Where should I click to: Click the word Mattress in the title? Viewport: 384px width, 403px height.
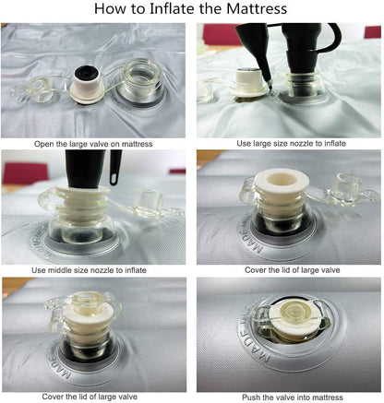(257, 8)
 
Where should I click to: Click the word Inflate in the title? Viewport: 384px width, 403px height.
(171, 8)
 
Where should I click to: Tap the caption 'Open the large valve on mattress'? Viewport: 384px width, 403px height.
(93, 144)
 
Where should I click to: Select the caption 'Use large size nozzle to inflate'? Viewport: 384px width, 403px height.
(291, 143)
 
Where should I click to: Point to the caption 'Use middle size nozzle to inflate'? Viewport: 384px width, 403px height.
(89, 270)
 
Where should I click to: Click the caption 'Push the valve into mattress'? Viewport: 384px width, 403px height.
(293, 397)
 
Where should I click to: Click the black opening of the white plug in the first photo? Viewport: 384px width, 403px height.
(86, 72)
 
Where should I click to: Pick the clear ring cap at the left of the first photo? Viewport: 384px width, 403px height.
(40, 89)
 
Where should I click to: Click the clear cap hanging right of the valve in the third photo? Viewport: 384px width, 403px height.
(149, 202)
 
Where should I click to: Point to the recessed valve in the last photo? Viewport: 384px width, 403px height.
(289, 320)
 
